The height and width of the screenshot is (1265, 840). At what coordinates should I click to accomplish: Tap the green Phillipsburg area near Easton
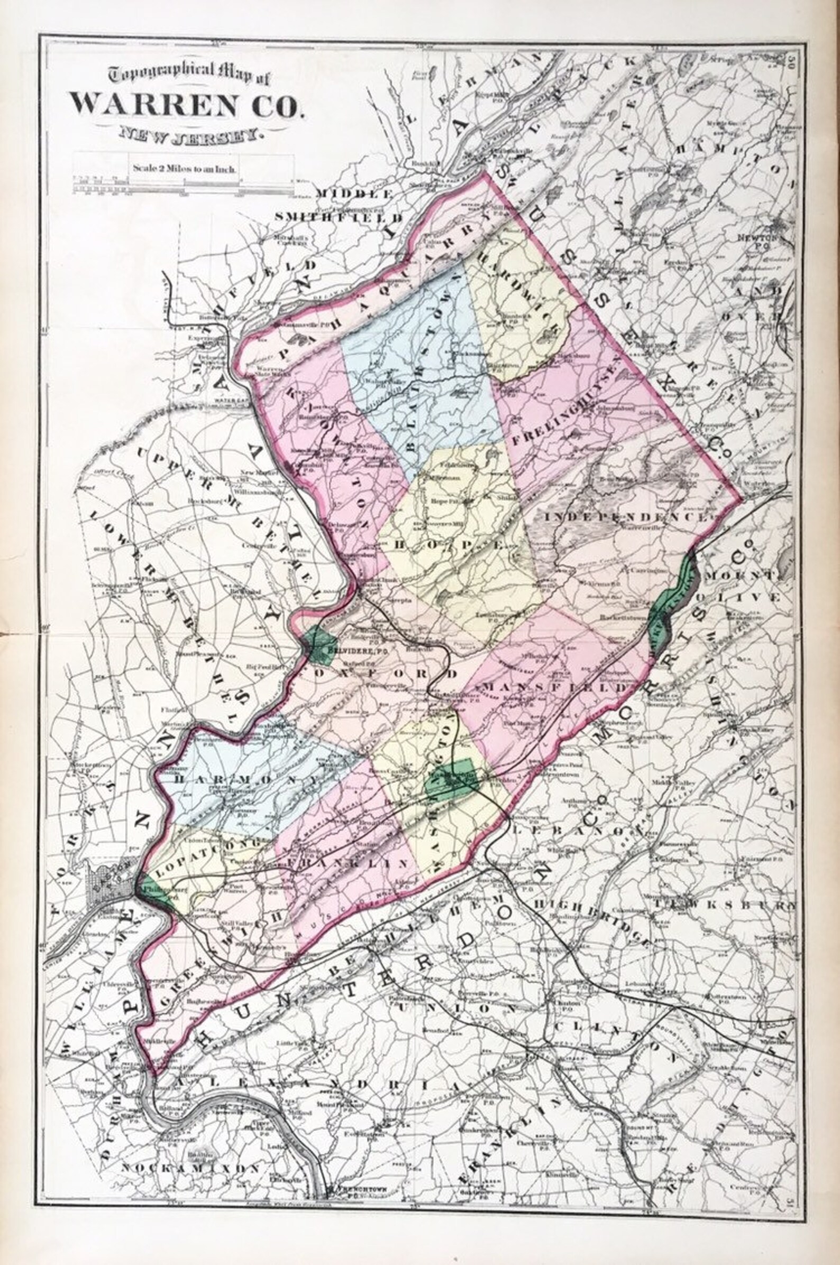click(156, 890)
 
